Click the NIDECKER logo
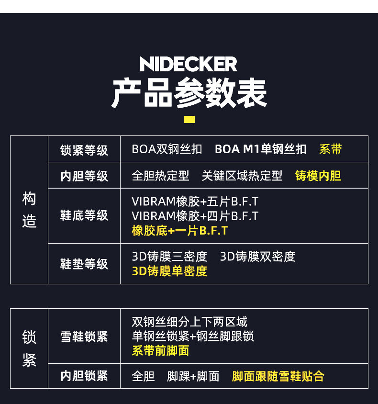189,64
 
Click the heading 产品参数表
189,93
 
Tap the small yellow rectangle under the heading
189,119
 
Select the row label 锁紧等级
84,150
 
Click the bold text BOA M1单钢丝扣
261,149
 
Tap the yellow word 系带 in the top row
331,149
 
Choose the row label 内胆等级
84,176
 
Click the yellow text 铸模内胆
318,176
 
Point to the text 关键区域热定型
242,176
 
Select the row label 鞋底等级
84,215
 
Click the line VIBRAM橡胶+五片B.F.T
195,202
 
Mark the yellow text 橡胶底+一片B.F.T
180,231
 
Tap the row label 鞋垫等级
84,264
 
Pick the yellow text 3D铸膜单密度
169,271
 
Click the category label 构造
29,210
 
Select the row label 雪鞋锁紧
84,337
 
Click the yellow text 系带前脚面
160,351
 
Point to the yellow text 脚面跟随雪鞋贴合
278,376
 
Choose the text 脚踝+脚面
193,376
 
